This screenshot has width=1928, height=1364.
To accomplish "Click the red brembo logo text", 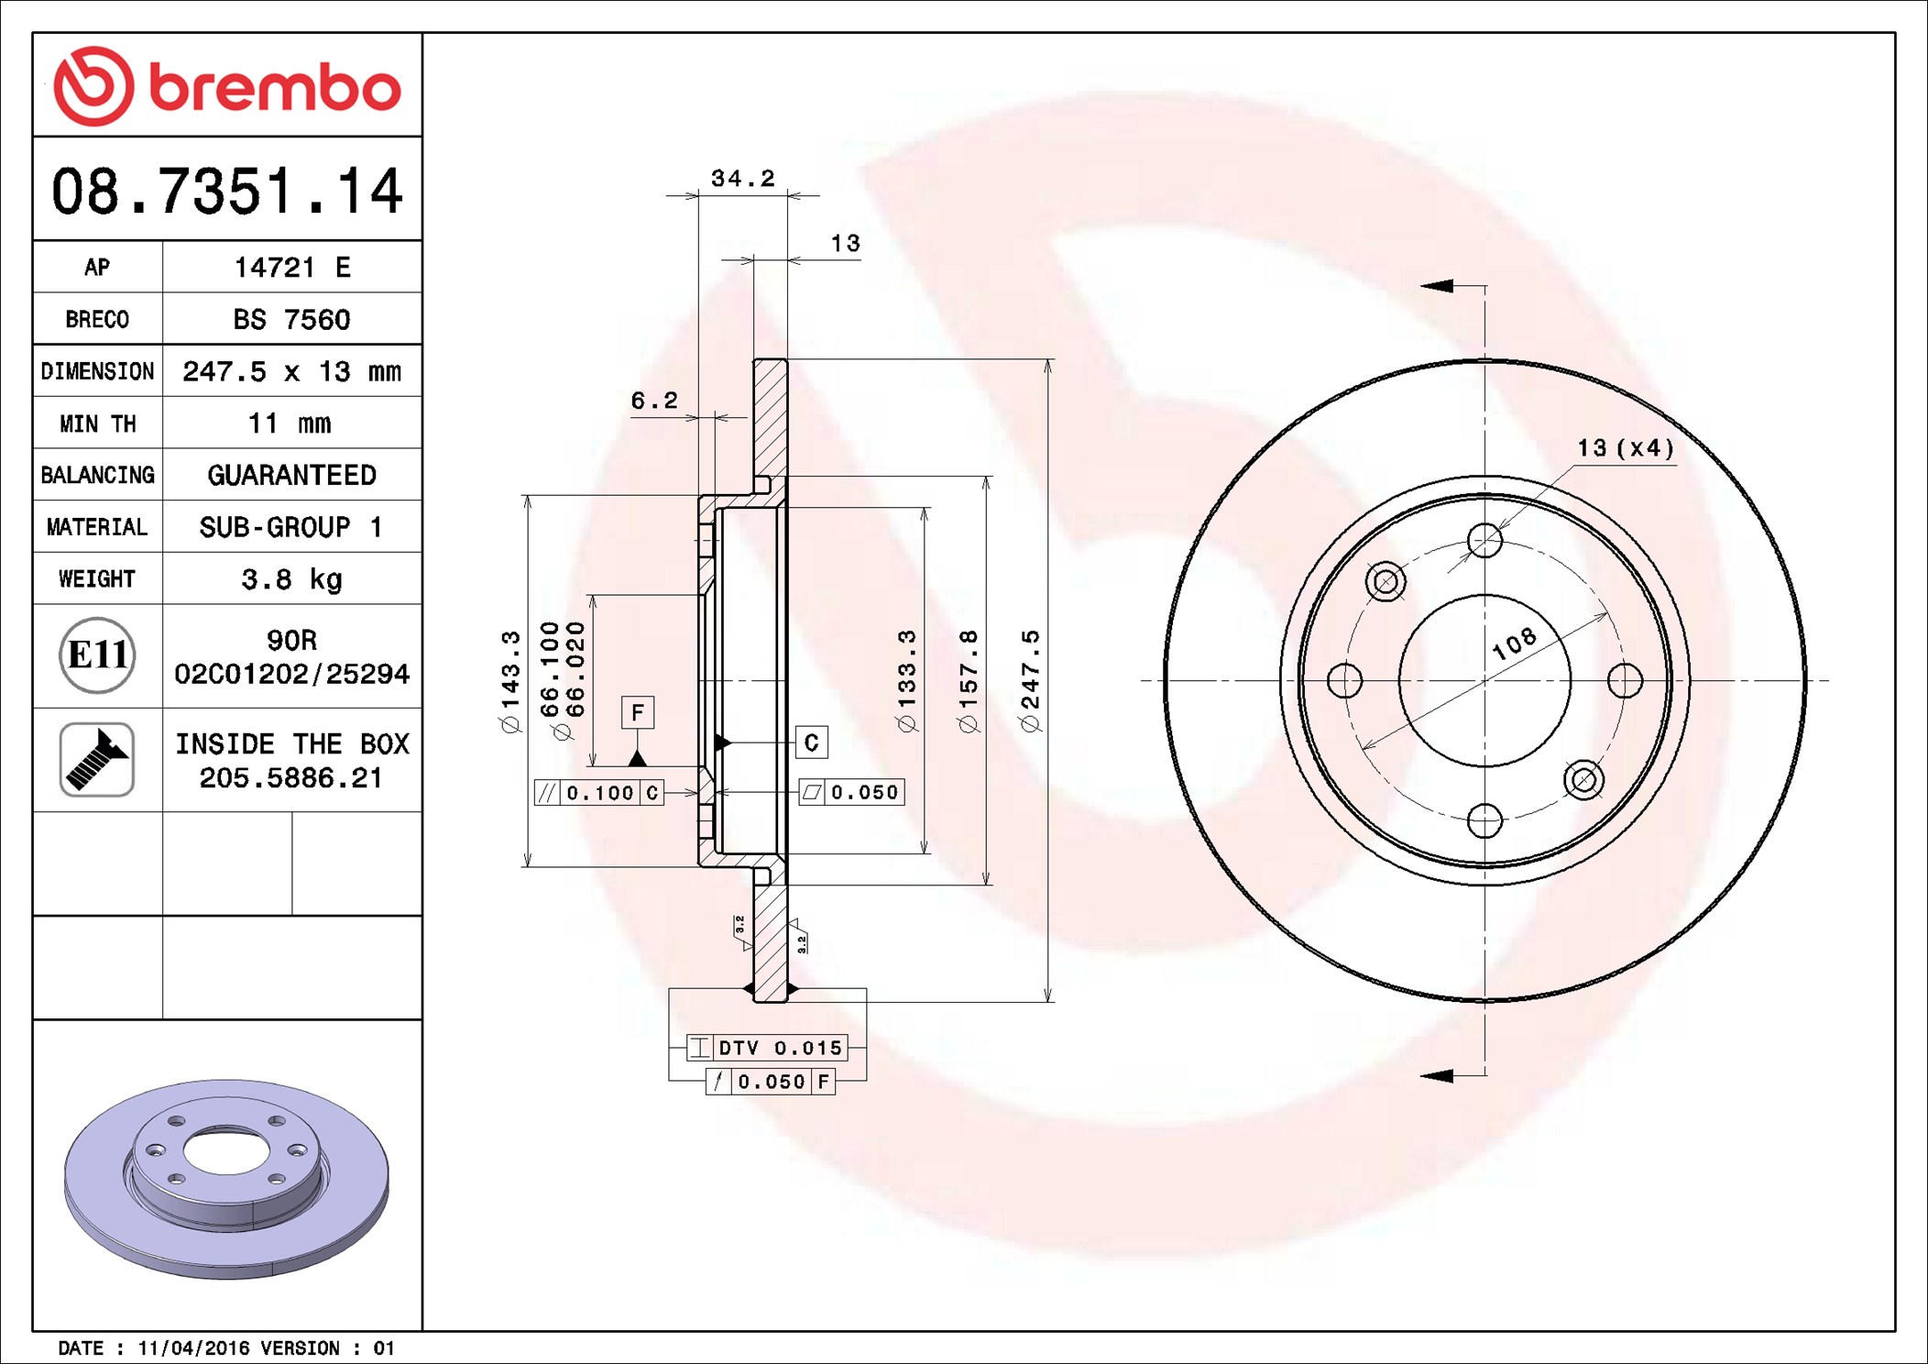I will coord(274,89).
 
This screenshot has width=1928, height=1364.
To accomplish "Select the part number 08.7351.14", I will coord(227,192).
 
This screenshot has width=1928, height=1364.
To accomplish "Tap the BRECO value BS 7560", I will coord(291,319).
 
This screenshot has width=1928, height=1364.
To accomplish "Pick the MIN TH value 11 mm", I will coord(290,423).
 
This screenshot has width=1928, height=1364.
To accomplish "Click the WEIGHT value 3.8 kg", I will coord(291,579).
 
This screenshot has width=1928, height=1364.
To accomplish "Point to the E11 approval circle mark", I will coord(97,655).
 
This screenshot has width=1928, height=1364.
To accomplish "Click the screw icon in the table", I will coord(97,760).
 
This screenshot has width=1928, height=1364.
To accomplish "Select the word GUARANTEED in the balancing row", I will coord(291,475).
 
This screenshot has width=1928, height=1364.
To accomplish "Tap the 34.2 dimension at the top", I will coord(742,178).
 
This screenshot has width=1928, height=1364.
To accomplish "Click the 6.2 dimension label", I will coord(654,401).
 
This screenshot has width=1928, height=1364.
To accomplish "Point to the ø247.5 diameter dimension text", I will coord(1031,680).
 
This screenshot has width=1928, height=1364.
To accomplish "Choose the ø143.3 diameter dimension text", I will coord(510,680).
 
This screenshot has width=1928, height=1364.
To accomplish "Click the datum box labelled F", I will coord(638,712).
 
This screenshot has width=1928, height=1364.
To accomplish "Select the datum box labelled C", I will coord(811,742).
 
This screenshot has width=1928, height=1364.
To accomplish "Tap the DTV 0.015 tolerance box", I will coord(768,1048).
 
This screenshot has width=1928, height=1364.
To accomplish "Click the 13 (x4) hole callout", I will coord(1625,448).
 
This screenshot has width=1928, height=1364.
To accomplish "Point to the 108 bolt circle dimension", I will coord(1514,643).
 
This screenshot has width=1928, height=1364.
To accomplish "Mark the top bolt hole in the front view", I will coord(1484,540).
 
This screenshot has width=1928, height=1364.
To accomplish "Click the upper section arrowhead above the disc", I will coord(1437,286).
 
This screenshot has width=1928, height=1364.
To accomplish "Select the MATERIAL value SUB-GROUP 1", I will coord(291,527).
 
